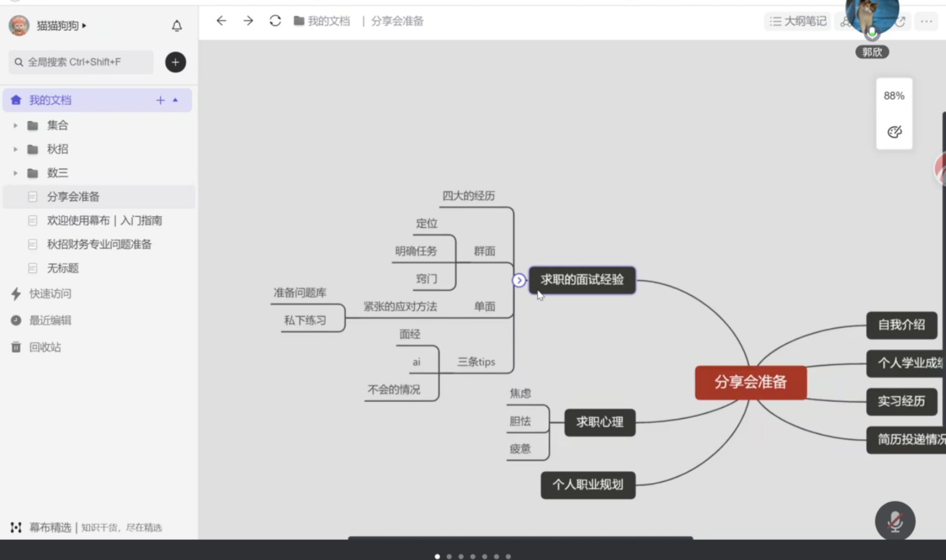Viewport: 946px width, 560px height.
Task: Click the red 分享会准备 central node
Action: pyautogui.click(x=751, y=382)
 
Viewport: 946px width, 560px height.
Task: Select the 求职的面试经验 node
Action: pyautogui.click(x=582, y=280)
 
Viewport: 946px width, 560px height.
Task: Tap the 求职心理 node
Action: pyautogui.click(x=600, y=422)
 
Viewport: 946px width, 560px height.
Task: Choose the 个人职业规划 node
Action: pyautogui.click(x=588, y=485)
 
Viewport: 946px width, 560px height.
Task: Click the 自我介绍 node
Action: pyautogui.click(x=901, y=325)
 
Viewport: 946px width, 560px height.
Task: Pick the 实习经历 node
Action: pyautogui.click(x=901, y=401)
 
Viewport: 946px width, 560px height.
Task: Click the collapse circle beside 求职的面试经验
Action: pyautogui.click(x=519, y=280)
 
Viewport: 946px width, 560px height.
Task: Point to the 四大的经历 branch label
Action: pyautogui.click(x=468, y=196)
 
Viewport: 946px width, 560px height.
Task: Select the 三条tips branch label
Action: pyautogui.click(x=476, y=362)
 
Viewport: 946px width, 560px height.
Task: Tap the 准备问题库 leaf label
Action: pyautogui.click(x=300, y=293)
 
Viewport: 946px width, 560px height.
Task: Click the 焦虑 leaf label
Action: pyautogui.click(x=520, y=393)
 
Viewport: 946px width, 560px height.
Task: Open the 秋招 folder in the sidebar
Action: pyautogui.click(x=57, y=149)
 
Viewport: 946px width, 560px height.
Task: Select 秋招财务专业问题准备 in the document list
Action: pyautogui.click(x=99, y=244)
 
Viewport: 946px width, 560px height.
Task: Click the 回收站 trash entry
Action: pyautogui.click(x=45, y=347)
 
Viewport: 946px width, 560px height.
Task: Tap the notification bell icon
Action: pyautogui.click(x=176, y=26)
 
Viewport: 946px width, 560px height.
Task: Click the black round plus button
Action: pyautogui.click(x=176, y=62)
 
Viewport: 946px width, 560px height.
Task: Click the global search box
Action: pyautogui.click(x=81, y=62)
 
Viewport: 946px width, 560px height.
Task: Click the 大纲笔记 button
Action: pyautogui.click(x=798, y=21)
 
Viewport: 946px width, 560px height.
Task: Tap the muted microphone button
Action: pyautogui.click(x=895, y=521)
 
